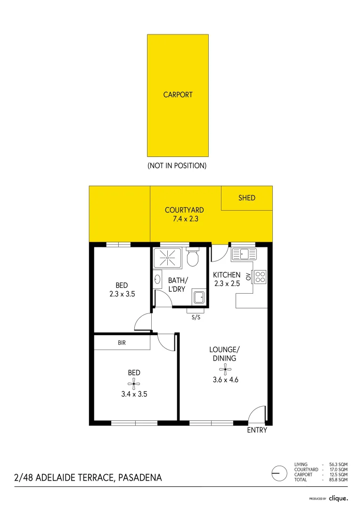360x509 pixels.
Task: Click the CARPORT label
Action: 178,95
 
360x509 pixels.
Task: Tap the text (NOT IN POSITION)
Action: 177,166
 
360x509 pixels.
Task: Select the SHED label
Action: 246,198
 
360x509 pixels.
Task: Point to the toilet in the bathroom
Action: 192,257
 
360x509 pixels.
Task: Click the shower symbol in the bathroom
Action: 166,258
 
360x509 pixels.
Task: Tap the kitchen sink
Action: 244,255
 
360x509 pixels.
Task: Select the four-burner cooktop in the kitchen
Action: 260,277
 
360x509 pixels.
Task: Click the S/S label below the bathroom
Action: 196,317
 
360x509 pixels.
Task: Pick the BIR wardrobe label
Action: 122,343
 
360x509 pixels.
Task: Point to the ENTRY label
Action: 257,430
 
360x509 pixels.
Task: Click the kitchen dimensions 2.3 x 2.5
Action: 227,284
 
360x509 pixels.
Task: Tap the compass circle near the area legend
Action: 279,472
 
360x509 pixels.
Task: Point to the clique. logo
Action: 338,498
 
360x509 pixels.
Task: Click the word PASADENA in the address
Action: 140,478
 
